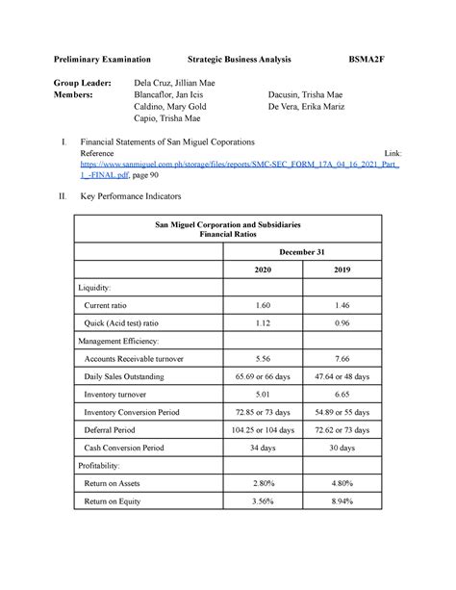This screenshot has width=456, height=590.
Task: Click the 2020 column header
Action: click(x=263, y=270)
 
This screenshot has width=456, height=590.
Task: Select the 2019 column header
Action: click(x=342, y=270)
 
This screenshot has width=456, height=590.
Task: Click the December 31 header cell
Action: click(x=302, y=251)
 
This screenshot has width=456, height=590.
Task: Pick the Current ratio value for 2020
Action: click(x=263, y=305)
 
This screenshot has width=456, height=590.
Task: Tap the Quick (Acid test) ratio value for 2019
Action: click(x=342, y=322)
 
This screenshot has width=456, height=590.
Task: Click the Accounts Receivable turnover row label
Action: click(x=135, y=358)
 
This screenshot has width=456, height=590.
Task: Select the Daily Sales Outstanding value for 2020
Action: click(x=263, y=376)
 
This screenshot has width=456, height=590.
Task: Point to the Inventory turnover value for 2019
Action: click(x=342, y=394)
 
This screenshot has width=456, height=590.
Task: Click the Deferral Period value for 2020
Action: click(x=263, y=429)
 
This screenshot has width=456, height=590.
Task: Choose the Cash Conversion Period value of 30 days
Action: click(x=342, y=448)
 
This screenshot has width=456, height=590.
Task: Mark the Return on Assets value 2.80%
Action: click(x=263, y=483)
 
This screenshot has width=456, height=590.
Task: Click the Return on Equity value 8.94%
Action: click(x=342, y=500)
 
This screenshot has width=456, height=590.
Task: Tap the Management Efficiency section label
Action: click(x=123, y=341)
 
